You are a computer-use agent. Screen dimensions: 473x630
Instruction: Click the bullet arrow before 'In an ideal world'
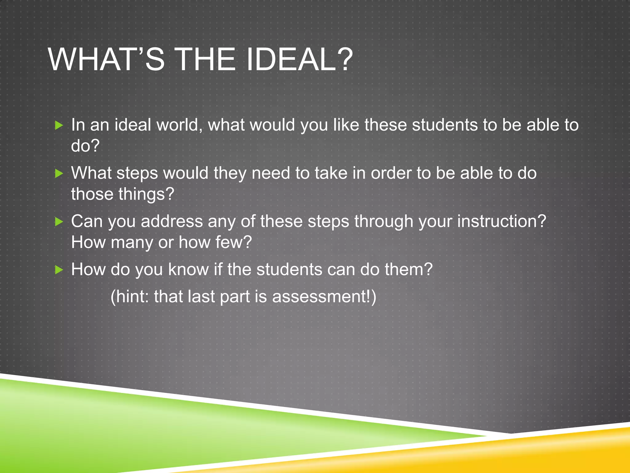click(x=59, y=125)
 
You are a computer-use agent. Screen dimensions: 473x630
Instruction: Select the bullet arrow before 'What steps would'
click(x=59, y=173)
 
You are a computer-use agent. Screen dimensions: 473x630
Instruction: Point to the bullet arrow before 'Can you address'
click(x=59, y=221)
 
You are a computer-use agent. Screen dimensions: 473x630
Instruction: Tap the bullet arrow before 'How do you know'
click(x=59, y=270)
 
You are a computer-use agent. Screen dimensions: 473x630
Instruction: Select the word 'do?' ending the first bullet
click(x=85, y=146)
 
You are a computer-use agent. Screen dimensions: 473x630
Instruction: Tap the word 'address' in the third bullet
click(x=171, y=221)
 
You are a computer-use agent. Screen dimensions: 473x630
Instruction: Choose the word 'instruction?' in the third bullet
click(x=501, y=221)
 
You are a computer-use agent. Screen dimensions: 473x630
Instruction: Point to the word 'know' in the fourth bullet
click(x=188, y=270)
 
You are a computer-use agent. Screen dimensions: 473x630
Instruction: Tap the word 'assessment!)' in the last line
click(x=324, y=297)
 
